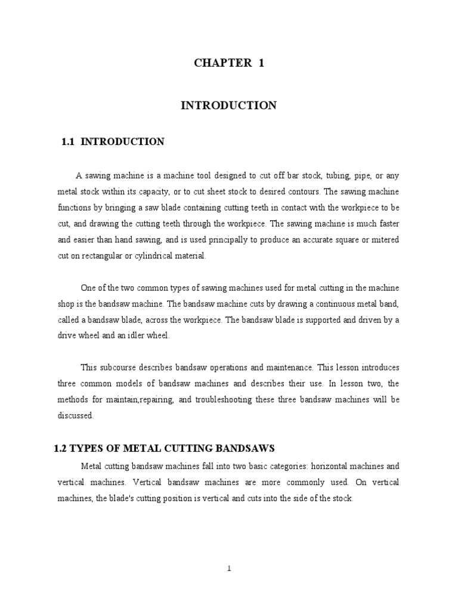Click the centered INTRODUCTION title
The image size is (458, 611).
coord(229,106)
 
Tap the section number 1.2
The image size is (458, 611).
coord(61,448)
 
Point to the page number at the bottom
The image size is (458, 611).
coord(229,569)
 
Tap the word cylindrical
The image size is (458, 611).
coord(144,256)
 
